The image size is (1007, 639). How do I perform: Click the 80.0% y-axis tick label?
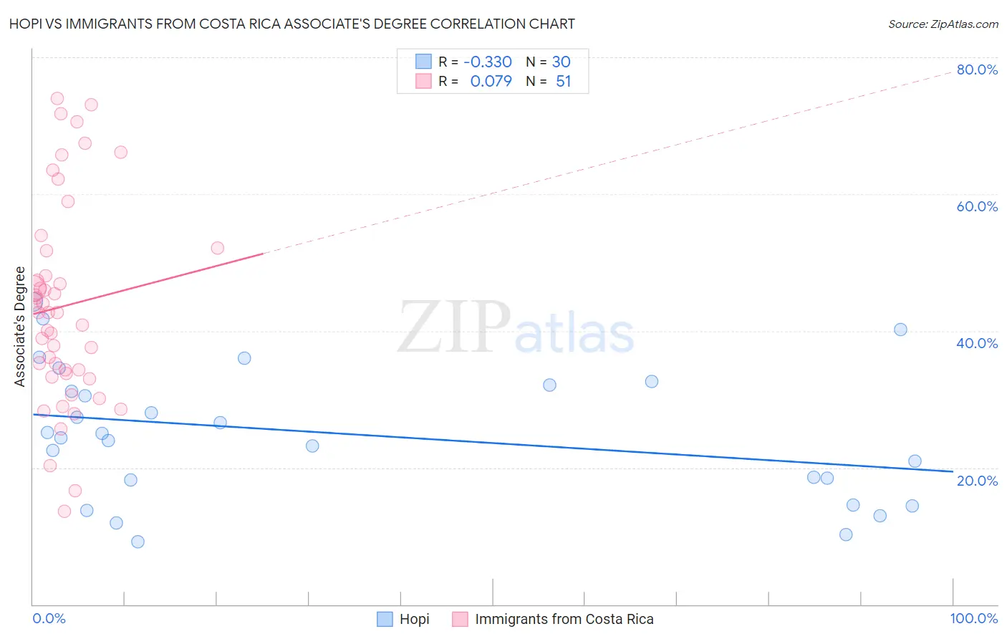(x=977, y=69)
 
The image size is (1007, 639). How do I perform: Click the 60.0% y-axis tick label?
(x=977, y=206)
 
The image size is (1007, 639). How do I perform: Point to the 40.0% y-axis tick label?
(x=977, y=343)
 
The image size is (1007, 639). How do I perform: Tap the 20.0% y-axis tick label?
(x=977, y=481)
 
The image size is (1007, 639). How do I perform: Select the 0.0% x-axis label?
(x=49, y=618)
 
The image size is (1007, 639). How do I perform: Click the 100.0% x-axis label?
(x=973, y=618)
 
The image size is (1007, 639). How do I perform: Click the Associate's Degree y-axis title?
(x=20, y=327)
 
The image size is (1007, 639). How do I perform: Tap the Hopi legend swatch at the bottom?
(x=385, y=619)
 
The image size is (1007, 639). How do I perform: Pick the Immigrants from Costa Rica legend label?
(x=564, y=619)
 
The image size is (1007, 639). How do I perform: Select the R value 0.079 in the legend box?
(x=491, y=82)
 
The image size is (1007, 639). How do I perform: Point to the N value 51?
(x=563, y=82)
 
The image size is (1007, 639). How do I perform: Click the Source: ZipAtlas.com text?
(x=943, y=24)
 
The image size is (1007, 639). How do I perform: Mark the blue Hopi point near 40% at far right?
(x=900, y=330)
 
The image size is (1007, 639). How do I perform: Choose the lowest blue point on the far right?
(x=846, y=534)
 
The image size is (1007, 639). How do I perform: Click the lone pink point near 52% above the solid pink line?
(x=218, y=248)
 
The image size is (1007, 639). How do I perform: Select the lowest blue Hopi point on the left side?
(x=138, y=542)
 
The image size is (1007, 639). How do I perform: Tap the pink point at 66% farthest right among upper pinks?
(x=121, y=153)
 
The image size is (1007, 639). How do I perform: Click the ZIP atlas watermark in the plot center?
(x=516, y=327)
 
